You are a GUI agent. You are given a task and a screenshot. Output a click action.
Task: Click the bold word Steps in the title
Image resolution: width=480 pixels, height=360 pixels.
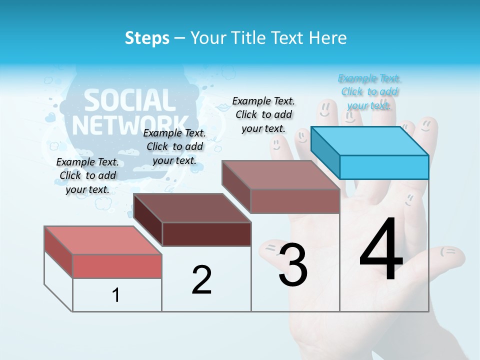tap(147, 38)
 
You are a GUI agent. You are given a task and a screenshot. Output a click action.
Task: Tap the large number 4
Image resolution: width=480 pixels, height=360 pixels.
tap(381, 250)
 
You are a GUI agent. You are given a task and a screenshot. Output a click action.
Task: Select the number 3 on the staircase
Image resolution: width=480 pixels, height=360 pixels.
tap(293, 264)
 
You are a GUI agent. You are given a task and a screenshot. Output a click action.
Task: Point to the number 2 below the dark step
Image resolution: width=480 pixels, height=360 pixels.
tap(201, 280)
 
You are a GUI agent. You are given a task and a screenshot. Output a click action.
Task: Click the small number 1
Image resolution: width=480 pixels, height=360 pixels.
tap(116, 295)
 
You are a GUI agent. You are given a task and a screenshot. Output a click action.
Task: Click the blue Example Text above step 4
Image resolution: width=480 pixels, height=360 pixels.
tap(369, 92)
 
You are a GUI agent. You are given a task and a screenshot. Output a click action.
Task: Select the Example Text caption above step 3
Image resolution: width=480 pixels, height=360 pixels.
tap(263, 114)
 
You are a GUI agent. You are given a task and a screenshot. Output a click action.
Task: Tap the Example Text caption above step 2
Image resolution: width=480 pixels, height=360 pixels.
tap(174, 146)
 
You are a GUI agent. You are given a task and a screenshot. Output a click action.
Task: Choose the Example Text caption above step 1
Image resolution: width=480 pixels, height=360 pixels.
tap(87, 175)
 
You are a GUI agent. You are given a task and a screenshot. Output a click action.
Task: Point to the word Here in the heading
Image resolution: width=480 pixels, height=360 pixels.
tap(329, 38)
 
